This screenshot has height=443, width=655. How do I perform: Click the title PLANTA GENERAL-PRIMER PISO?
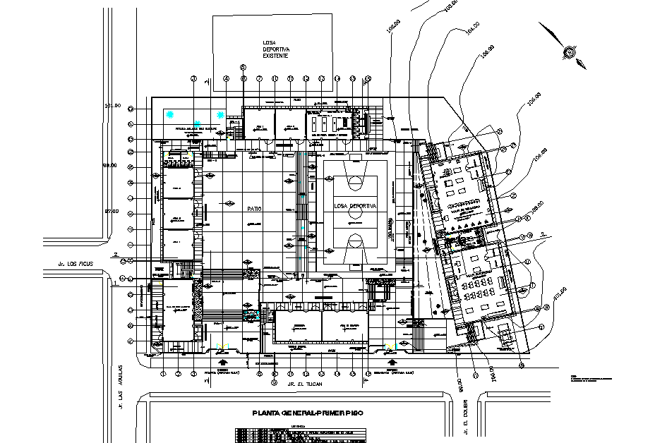(x=297, y=414)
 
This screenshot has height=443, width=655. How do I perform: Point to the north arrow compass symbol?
(x=568, y=51)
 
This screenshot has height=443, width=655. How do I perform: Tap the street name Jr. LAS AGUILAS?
(x=121, y=387)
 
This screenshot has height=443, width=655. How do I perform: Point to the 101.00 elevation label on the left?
(x=113, y=106)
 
